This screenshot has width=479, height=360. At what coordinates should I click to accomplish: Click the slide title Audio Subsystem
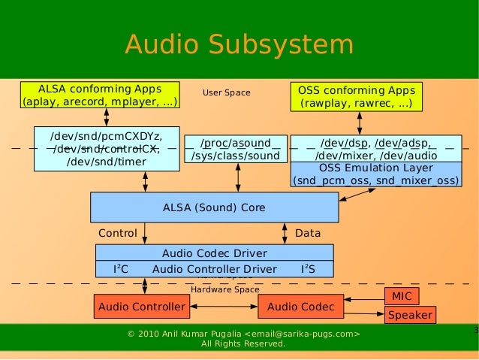click(239, 44)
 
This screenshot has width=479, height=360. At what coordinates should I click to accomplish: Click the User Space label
click(226, 93)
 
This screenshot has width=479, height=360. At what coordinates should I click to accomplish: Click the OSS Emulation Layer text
click(375, 168)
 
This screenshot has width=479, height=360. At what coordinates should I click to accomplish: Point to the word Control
click(118, 234)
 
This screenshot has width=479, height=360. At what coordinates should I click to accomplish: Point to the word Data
click(308, 234)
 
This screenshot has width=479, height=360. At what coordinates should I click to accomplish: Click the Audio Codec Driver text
click(214, 254)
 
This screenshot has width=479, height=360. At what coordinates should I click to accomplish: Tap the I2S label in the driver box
click(308, 269)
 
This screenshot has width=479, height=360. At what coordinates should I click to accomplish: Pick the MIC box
click(402, 297)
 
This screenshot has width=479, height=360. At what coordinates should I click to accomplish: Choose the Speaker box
click(409, 316)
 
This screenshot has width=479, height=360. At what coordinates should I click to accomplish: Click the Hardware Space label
click(224, 289)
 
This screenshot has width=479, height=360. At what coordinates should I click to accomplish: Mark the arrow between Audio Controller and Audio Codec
click(223, 307)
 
